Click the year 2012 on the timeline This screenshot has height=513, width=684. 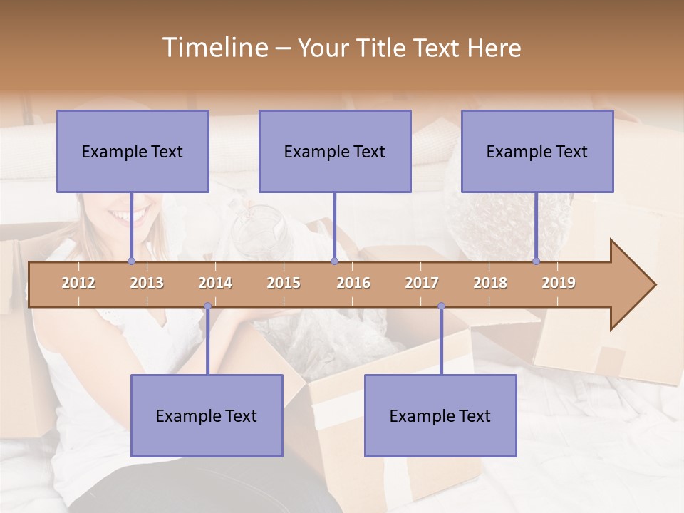[x=78, y=283]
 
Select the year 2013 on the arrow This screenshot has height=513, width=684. [x=147, y=283]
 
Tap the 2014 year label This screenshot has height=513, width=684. [x=215, y=283]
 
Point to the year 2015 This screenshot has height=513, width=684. [x=284, y=283]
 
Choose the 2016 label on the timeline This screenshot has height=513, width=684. [x=353, y=283]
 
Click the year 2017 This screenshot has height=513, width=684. [x=422, y=283]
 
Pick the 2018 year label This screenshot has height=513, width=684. [x=490, y=283]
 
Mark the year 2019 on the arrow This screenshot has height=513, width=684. [x=559, y=283]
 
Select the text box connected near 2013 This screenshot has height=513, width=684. [x=133, y=152]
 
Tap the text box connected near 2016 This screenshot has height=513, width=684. [x=335, y=152]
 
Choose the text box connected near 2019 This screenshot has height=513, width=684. [x=537, y=152]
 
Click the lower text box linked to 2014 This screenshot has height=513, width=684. [x=207, y=416]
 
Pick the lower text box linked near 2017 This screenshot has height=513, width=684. [x=440, y=416]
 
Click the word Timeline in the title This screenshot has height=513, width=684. [x=214, y=48]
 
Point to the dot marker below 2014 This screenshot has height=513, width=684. [x=207, y=306]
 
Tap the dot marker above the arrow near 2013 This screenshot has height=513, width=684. [x=131, y=261]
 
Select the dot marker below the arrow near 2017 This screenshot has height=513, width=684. [x=441, y=306]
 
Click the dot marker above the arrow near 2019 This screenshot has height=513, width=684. [x=537, y=261]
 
